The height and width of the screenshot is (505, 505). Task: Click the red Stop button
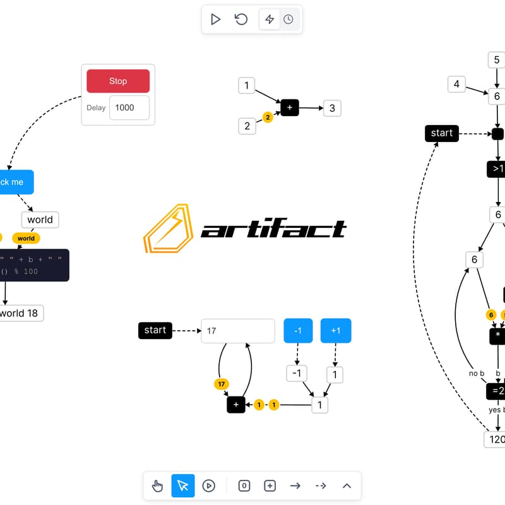click(118, 81)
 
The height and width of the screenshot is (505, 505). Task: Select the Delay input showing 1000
click(129, 107)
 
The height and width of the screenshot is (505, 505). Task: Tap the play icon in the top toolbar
click(216, 20)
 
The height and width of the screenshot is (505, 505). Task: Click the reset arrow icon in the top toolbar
click(241, 20)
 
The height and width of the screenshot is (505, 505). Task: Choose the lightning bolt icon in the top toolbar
click(270, 20)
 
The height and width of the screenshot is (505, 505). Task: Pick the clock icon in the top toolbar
click(288, 20)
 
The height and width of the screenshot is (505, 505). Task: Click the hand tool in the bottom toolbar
click(158, 485)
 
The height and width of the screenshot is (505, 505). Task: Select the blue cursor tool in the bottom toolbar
click(183, 485)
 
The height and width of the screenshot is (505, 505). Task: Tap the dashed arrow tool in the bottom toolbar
click(321, 485)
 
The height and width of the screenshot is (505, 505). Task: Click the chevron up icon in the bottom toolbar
click(347, 485)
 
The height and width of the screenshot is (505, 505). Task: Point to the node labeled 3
click(332, 108)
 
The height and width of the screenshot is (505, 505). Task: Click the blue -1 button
click(299, 331)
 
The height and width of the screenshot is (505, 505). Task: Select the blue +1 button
click(335, 331)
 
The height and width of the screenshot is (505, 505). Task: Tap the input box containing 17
click(238, 331)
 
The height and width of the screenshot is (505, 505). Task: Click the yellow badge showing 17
click(221, 384)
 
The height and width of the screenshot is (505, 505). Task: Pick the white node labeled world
click(40, 220)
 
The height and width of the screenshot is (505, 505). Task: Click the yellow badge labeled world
click(26, 238)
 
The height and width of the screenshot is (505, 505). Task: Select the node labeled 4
click(456, 84)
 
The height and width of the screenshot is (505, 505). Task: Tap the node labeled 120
click(495, 439)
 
